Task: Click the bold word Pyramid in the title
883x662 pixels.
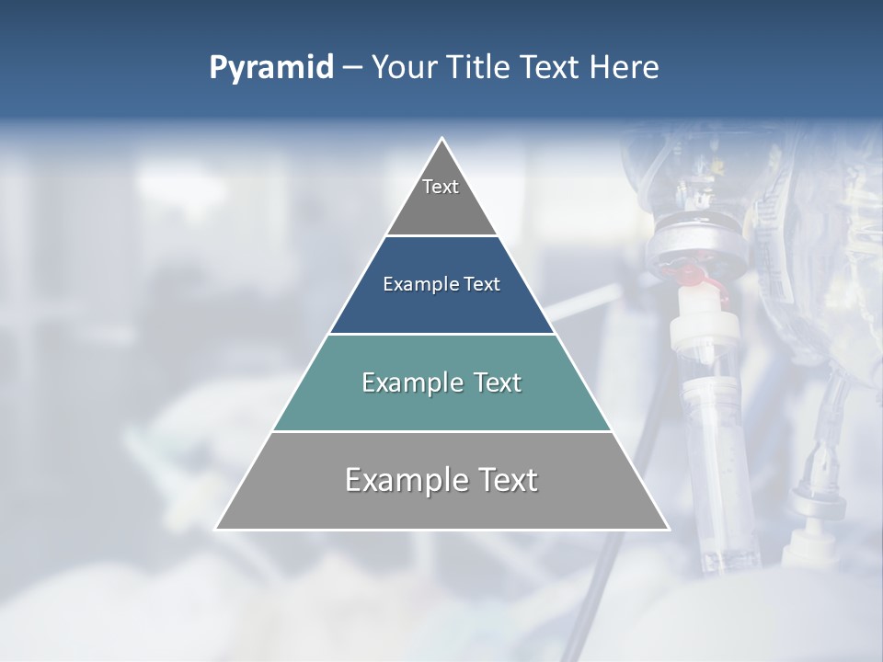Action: pyautogui.click(x=271, y=68)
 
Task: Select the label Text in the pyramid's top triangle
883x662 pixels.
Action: pyautogui.click(x=441, y=187)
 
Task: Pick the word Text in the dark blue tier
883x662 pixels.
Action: pyautogui.click(x=482, y=285)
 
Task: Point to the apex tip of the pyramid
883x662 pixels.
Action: pyautogui.click(x=442, y=139)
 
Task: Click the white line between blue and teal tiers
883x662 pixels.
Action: pyautogui.click(x=441, y=334)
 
